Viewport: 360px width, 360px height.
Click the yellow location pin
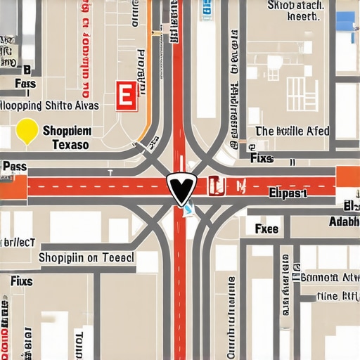(27, 130)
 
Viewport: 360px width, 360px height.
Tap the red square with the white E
(126, 96)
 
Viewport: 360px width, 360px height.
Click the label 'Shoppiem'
(67, 131)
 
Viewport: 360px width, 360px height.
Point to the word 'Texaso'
(70, 144)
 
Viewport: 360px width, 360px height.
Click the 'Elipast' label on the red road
(288, 191)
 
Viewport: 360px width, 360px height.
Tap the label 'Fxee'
(266, 229)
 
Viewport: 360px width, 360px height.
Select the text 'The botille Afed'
(292, 131)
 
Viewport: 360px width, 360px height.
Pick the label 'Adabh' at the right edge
(344, 221)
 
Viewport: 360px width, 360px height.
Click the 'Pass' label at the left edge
(14, 167)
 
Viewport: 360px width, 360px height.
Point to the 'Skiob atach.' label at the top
(296, 6)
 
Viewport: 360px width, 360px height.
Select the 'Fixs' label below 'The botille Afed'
(262, 158)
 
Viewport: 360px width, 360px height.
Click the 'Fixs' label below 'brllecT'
(21, 281)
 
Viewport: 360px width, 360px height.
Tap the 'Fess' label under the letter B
(25, 84)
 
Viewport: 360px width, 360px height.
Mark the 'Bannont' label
(329, 277)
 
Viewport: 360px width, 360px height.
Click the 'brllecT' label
(18, 241)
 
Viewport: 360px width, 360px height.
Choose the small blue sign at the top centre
(207, 8)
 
